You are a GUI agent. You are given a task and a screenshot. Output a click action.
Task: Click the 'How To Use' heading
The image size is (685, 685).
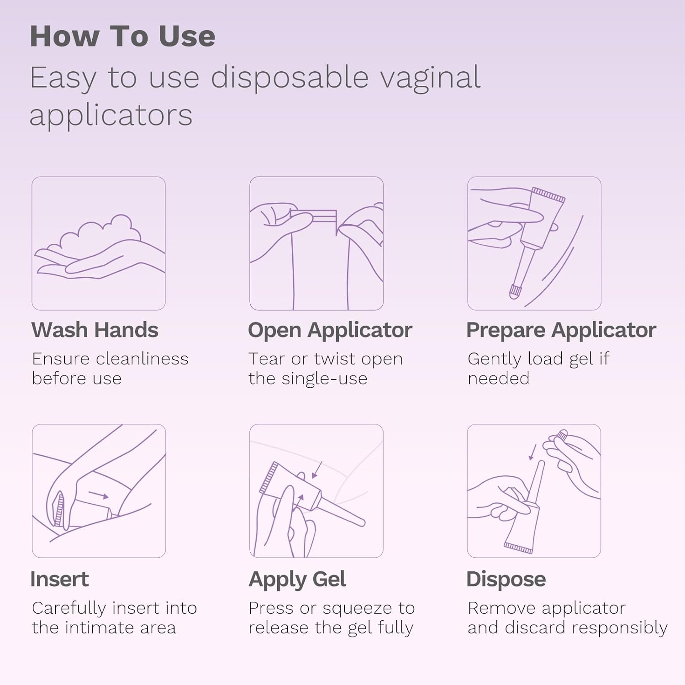pos(122,36)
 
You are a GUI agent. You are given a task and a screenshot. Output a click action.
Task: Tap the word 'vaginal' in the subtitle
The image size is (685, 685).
pos(431,79)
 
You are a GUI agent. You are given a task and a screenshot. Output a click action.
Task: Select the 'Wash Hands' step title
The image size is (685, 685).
pos(95,330)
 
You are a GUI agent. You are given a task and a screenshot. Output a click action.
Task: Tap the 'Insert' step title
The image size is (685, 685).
pos(59,579)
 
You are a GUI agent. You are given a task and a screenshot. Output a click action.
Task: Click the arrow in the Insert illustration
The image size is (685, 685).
pos(98,495)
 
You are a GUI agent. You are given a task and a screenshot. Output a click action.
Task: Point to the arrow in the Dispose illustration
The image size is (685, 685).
pos(532,452)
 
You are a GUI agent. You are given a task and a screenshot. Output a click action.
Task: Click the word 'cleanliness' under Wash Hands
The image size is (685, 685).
pos(142,359)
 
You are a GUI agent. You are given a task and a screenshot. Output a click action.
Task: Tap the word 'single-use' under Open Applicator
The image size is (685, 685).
pos(324,379)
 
